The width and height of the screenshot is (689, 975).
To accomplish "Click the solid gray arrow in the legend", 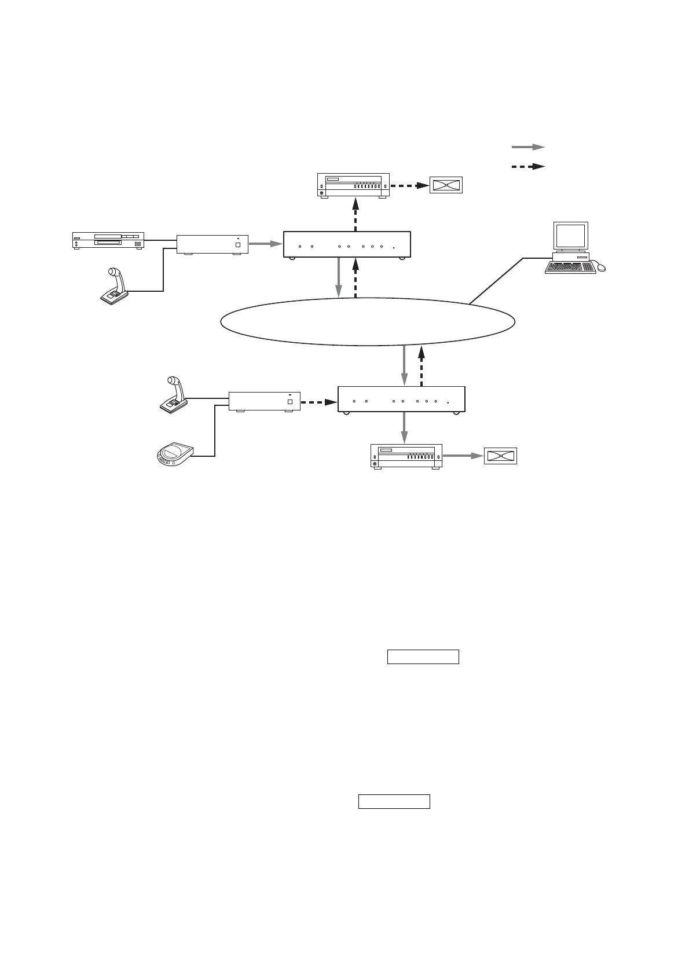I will coord(528,148).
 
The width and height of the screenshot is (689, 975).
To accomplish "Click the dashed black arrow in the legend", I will coord(528,167).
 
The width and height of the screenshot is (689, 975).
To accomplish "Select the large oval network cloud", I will coord(368,322).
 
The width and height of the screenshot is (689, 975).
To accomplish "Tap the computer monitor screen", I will coord(570,236).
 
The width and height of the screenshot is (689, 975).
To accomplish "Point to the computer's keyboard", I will coord(570,267).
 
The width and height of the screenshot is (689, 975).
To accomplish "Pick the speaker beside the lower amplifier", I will coord(500,456).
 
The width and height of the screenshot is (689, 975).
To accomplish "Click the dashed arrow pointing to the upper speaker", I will coord(409,186).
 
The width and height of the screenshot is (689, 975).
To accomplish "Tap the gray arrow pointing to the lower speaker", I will coord(463,456).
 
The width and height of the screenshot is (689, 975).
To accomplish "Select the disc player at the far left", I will coord(108,240).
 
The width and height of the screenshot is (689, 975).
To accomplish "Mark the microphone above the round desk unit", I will coord(174,395).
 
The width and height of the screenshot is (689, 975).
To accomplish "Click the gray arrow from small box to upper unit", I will coord(265,244).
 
